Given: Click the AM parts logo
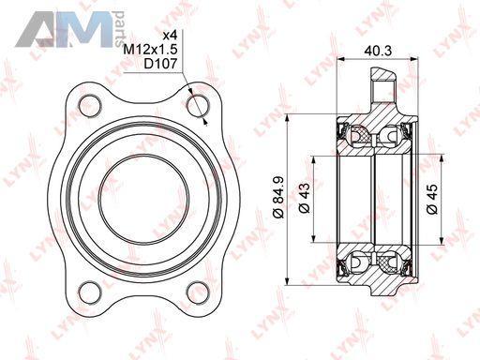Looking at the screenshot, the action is click(x=69, y=29).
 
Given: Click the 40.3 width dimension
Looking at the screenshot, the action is click(x=378, y=51).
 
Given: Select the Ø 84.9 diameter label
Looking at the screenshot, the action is click(x=277, y=197).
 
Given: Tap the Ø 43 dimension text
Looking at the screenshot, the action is click(x=304, y=198).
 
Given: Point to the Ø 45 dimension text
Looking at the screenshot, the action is click(x=432, y=199).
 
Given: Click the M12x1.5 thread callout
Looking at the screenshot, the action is click(x=150, y=50).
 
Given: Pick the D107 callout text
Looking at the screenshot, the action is click(x=160, y=64).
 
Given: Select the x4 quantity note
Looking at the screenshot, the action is click(x=171, y=36).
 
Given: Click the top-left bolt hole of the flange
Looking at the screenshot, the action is click(x=90, y=106).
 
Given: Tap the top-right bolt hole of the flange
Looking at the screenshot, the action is click(x=198, y=106).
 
